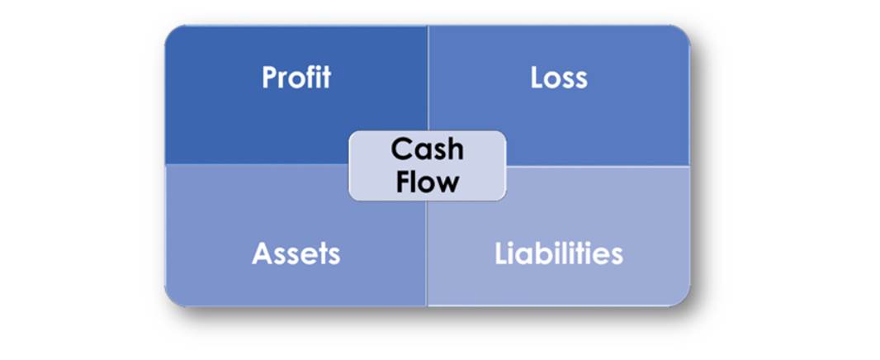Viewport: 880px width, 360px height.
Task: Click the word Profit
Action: pyautogui.click(x=296, y=78)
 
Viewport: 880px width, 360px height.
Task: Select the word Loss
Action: pyautogui.click(x=559, y=78)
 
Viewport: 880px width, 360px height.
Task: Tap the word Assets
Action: pyautogui.click(x=296, y=253)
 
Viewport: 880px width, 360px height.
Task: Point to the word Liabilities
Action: pyautogui.click(x=559, y=253)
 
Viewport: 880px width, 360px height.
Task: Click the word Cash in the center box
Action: pyautogui.click(x=428, y=149)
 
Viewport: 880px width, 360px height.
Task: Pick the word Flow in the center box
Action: pyautogui.click(x=428, y=182)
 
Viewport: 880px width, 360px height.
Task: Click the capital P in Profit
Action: pyautogui.click(x=270, y=78)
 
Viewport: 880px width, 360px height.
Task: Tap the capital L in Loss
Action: pyautogui.click(x=537, y=78)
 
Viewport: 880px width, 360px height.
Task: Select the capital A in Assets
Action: pyautogui.click(x=262, y=253)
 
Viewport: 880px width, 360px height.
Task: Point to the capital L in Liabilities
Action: pyautogui.click(x=502, y=253)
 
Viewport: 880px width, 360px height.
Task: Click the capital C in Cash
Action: pyautogui.click(x=400, y=150)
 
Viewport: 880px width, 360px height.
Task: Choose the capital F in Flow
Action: pyautogui.click(x=404, y=182)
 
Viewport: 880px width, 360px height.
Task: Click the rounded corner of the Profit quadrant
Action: pyautogui.click(x=171, y=32)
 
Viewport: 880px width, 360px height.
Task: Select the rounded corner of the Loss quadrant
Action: pyautogui.click(x=684, y=32)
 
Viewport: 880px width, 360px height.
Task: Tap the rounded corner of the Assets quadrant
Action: pyautogui.click(x=171, y=300)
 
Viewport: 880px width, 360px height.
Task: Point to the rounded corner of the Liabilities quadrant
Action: pyautogui.click(x=684, y=300)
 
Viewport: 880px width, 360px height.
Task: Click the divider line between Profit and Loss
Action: pyautogui.click(x=428, y=78)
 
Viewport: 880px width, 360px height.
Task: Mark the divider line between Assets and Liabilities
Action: pyautogui.click(x=427, y=253)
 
